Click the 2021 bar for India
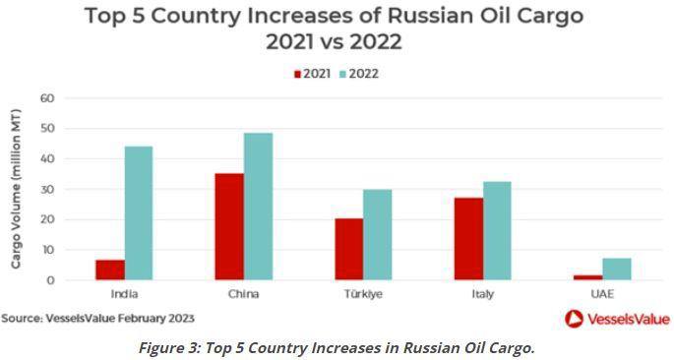point(111,270)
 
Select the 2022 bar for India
point(140,213)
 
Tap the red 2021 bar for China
point(230,227)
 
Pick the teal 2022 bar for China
point(259,207)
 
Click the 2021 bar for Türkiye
point(349,250)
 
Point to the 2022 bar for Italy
point(497,231)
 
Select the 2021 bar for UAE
point(587,277)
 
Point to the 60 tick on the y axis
point(46,98)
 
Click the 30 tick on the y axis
point(46,189)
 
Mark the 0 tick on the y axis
point(50,280)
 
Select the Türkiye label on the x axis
point(364,294)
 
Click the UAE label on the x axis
point(602,294)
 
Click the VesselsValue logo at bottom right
point(616,318)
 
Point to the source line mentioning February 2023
point(97,318)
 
